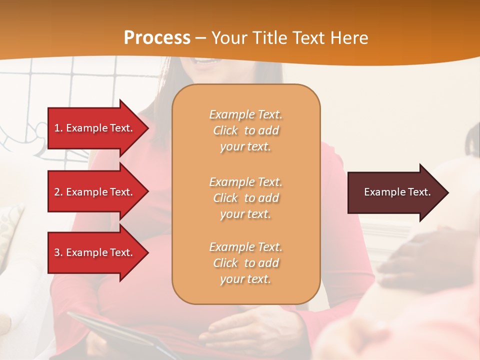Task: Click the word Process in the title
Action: click(x=157, y=38)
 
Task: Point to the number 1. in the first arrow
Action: click(x=58, y=128)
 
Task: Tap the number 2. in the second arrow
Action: click(x=58, y=192)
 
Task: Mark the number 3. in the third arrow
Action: click(x=58, y=252)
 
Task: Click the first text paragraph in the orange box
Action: click(x=245, y=130)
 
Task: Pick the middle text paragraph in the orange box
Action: click(x=245, y=198)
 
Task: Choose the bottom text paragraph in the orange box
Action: click(x=245, y=263)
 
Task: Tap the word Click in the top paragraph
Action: click(x=225, y=131)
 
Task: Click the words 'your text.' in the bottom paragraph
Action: click(x=245, y=279)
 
